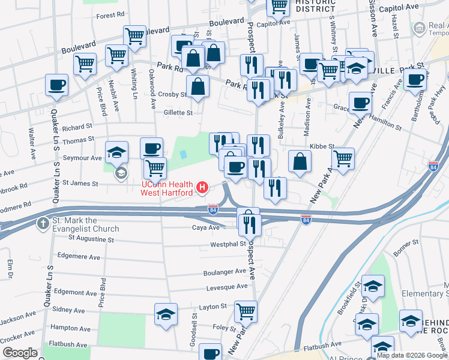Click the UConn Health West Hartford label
coord(167,188)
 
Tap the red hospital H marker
coord(203,188)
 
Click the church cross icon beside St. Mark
coord(43,224)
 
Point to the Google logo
coord(20,353)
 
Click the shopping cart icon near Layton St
coord(246,311)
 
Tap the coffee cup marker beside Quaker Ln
coord(56,85)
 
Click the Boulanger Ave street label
coord(224,271)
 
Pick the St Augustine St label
coord(91,239)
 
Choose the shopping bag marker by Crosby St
coord(197,86)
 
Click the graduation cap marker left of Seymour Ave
coord(116,151)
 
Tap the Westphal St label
coord(228,244)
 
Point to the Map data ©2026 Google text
coord(411,355)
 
